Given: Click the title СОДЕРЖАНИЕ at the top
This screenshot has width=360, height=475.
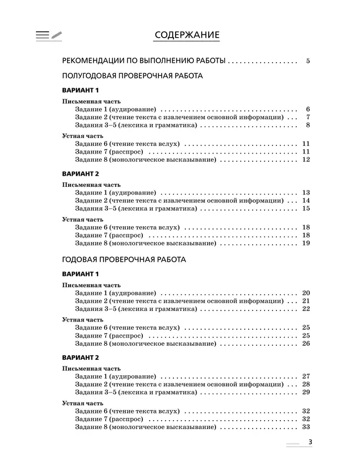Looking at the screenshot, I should [187, 35].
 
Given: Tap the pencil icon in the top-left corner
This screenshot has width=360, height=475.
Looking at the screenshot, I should [56, 34].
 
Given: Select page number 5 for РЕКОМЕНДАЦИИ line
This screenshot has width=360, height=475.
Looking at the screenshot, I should [307, 61].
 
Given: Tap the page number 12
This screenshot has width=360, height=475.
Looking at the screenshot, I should [306, 160].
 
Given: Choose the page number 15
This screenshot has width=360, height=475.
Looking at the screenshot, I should [306, 208].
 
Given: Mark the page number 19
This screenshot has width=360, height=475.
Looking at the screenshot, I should [306, 243].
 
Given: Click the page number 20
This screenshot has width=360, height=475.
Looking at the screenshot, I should [306, 292].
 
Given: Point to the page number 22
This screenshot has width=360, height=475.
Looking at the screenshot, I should [306, 309].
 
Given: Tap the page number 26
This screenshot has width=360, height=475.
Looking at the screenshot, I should [306, 344].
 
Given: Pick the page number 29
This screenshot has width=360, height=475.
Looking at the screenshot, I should [306, 392].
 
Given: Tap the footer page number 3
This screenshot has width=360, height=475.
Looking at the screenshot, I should [311, 442].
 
